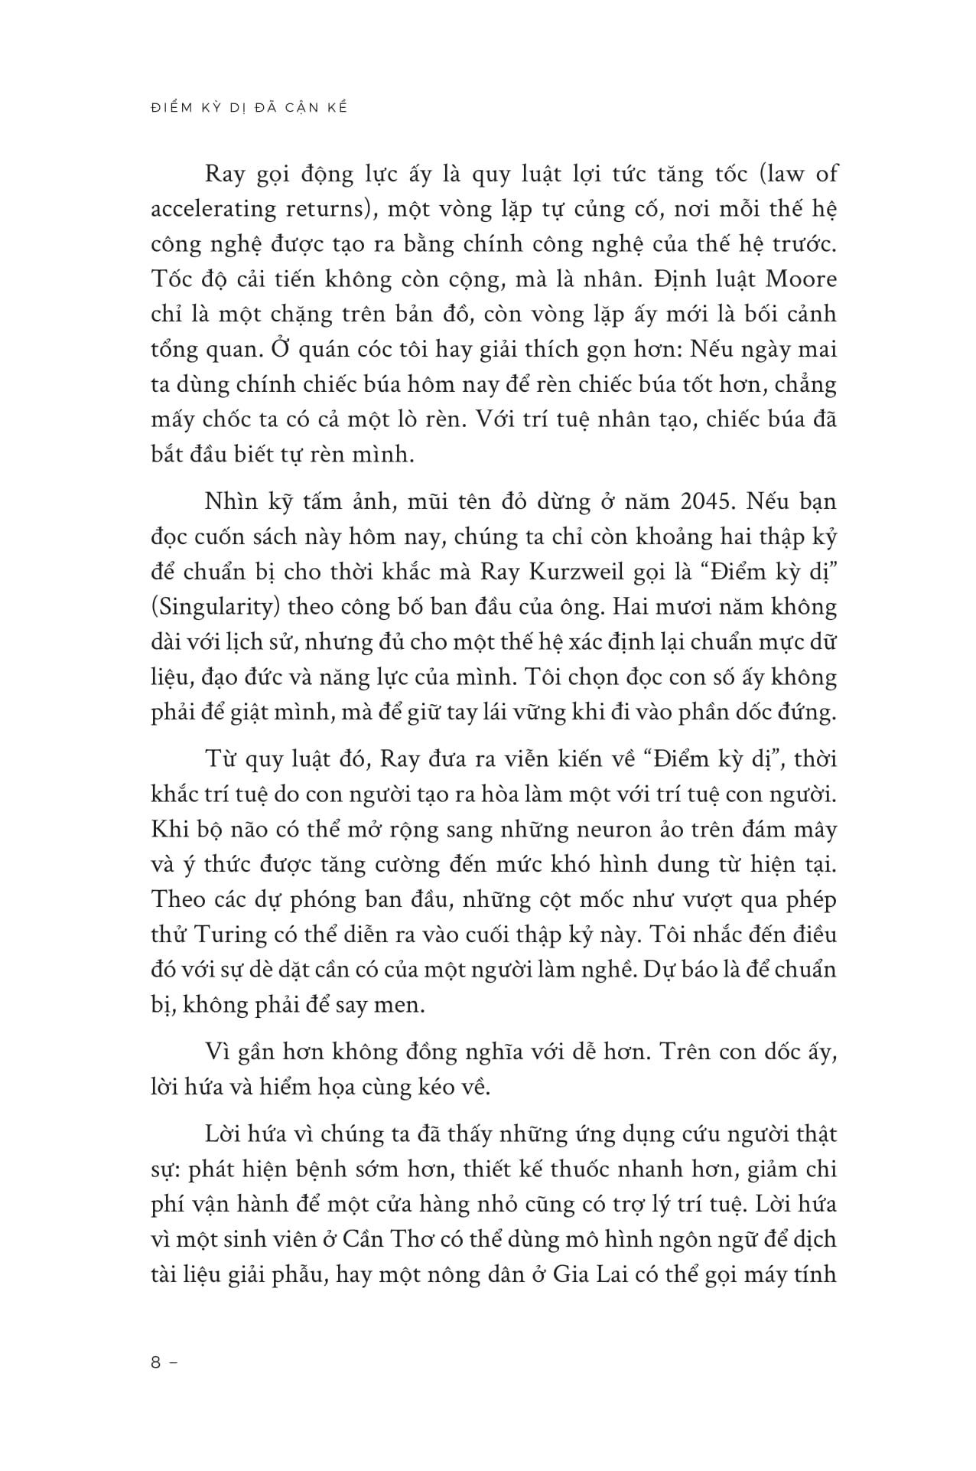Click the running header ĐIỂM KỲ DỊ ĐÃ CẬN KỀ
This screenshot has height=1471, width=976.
click(x=249, y=108)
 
